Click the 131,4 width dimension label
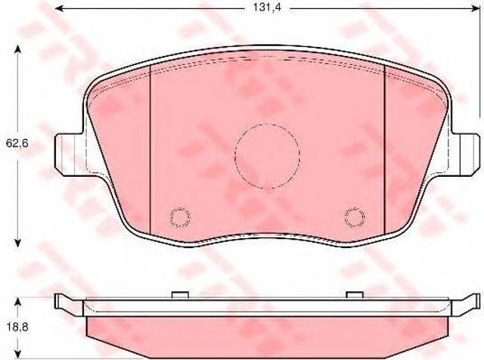[267, 8]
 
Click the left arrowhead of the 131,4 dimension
[59, 8]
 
